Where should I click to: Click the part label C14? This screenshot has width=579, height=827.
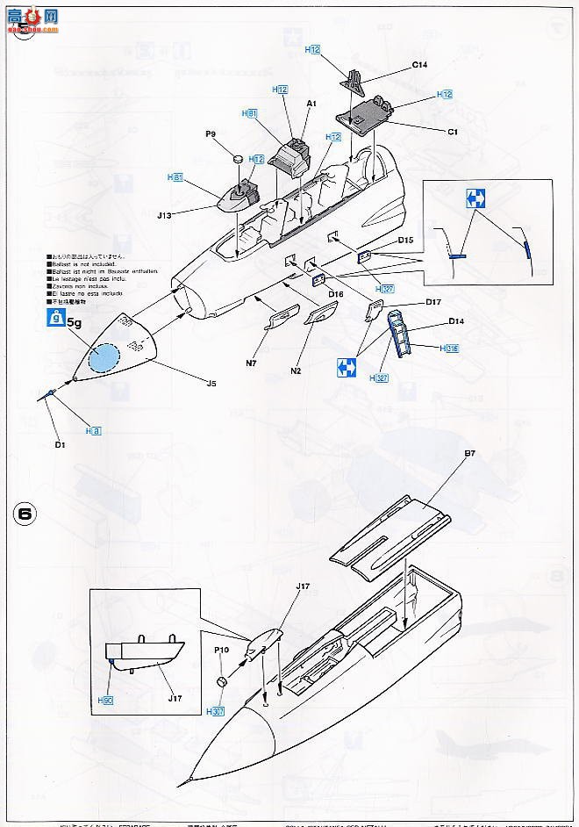(418, 64)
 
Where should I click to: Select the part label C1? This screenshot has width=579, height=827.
(453, 132)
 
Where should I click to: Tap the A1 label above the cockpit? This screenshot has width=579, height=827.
(311, 103)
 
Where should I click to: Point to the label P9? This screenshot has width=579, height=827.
(211, 134)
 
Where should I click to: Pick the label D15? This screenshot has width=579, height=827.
(404, 240)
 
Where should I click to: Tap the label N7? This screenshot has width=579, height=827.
(250, 363)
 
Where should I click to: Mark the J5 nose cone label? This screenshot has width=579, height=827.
(211, 383)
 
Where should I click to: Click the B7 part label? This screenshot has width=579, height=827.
(469, 454)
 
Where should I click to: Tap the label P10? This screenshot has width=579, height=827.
(220, 651)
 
